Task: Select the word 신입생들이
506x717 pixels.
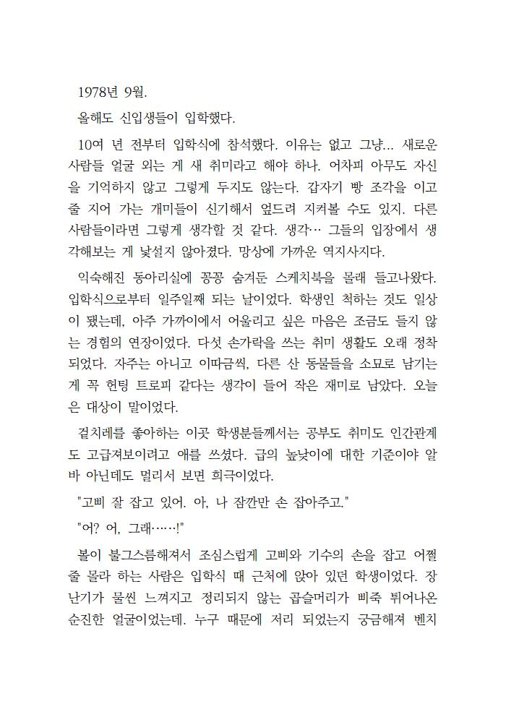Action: [x=143, y=117]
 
